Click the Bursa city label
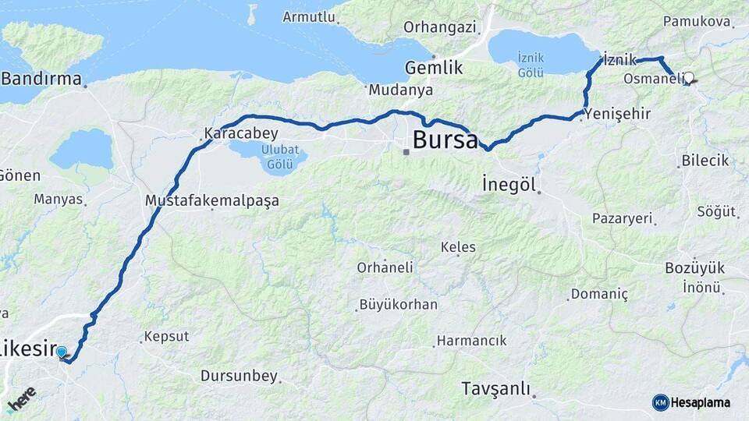click(x=445, y=140)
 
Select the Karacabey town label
click(x=241, y=133)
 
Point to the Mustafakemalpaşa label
click(x=211, y=200)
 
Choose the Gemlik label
click(x=434, y=68)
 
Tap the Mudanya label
click(x=400, y=90)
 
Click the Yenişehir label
click(x=616, y=114)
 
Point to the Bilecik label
click(x=705, y=160)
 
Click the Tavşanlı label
click(x=495, y=387)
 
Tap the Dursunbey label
click(x=239, y=377)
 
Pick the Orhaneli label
click(x=385, y=267)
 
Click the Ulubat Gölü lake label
click(x=279, y=156)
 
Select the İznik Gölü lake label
click(x=531, y=65)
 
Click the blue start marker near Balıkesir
click(x=62, y=352)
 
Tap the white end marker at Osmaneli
click(x=687, y=77)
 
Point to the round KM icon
click(x=660, y=402)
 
